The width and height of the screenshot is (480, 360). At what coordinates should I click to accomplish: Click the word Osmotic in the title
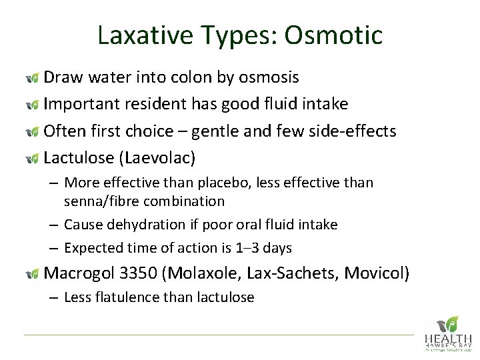tap(333, 35)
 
